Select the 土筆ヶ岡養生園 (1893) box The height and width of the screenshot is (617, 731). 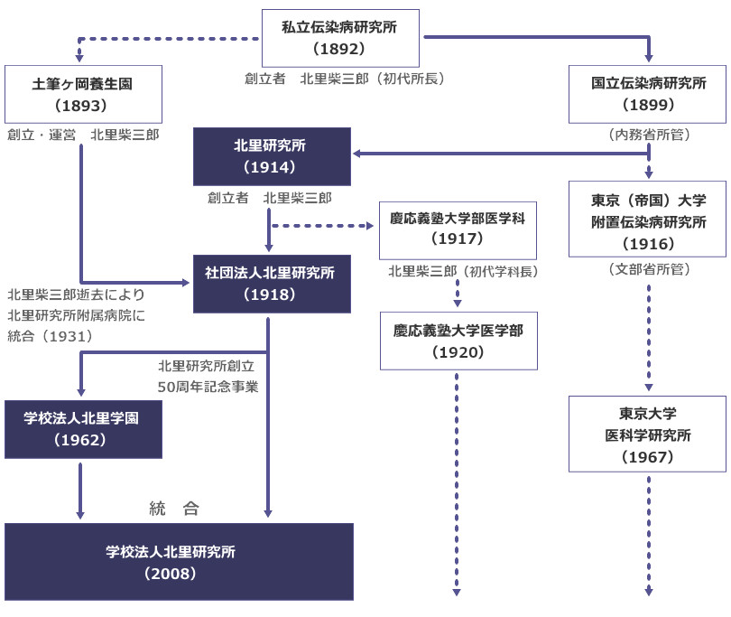point(83,94)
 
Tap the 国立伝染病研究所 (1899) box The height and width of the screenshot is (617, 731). point(648,94)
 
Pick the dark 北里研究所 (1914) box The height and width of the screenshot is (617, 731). point(272,156)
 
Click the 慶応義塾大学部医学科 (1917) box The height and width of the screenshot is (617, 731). point(458,229)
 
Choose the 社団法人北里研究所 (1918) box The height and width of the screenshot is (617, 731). point(272,284)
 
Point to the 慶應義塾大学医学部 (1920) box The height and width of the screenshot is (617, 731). point(458,341)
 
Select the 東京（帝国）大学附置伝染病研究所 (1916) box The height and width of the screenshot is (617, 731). point(648,220)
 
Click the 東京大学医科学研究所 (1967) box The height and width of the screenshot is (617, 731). point(648,434)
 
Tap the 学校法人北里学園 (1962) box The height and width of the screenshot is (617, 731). point(83,429)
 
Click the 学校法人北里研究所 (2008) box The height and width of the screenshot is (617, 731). point(179,561)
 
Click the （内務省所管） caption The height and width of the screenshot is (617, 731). point(648,135)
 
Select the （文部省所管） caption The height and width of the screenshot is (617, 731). point(648,268)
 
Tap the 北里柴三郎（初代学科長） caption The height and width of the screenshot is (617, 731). point(458,271)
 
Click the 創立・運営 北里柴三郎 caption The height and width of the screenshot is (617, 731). point(83,135)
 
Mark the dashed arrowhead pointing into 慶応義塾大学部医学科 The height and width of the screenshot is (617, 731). point(374,225)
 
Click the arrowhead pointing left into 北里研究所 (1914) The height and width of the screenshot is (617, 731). point(356,154)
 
